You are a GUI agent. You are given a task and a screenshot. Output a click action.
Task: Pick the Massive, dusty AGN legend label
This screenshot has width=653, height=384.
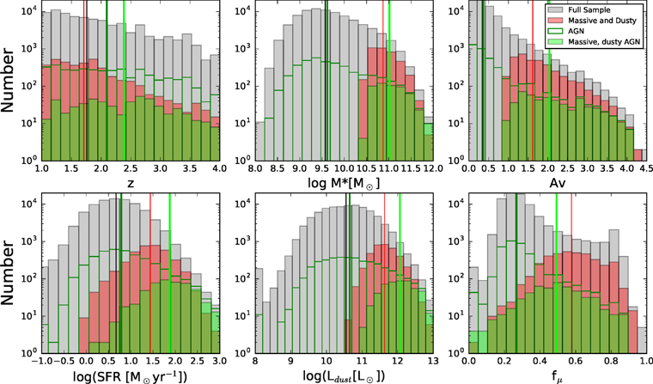[604, 41]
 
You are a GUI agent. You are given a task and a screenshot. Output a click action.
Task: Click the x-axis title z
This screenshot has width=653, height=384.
[131, 183]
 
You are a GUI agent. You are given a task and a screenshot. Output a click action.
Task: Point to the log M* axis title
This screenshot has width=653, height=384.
[344, 183]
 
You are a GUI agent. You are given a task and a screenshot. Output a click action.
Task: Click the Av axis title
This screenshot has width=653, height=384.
[558, 182]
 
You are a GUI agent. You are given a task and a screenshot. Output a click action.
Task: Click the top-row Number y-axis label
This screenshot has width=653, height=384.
[8, 80]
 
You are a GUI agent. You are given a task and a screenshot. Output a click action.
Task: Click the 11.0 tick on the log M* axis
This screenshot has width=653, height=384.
[388, 168]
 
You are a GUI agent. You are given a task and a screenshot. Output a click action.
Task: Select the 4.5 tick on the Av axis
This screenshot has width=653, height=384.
[647, 168]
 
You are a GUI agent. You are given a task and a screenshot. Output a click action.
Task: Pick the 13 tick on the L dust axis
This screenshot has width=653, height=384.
[433, 361]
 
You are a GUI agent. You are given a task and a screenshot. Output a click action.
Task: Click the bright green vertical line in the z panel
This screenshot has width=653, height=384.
[124, 80]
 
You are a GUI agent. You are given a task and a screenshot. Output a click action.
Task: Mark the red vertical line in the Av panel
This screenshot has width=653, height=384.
[533, 80]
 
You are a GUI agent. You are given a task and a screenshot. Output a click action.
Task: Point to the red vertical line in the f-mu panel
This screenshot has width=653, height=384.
[571, 273]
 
